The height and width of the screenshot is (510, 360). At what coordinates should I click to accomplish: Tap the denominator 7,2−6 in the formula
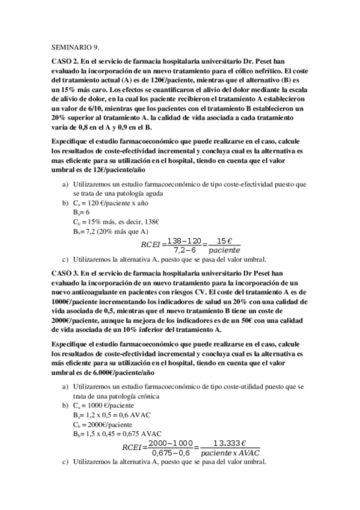(185, 250)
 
